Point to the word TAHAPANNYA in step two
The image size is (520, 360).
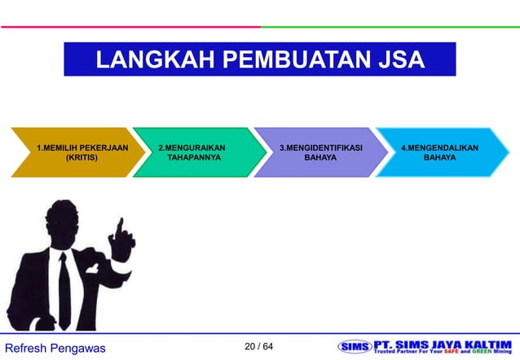tap(194, 158)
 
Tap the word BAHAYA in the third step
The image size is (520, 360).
tap(320, 158)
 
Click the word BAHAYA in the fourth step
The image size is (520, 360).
tap(439, 158)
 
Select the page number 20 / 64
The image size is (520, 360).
tap(259, 347)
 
